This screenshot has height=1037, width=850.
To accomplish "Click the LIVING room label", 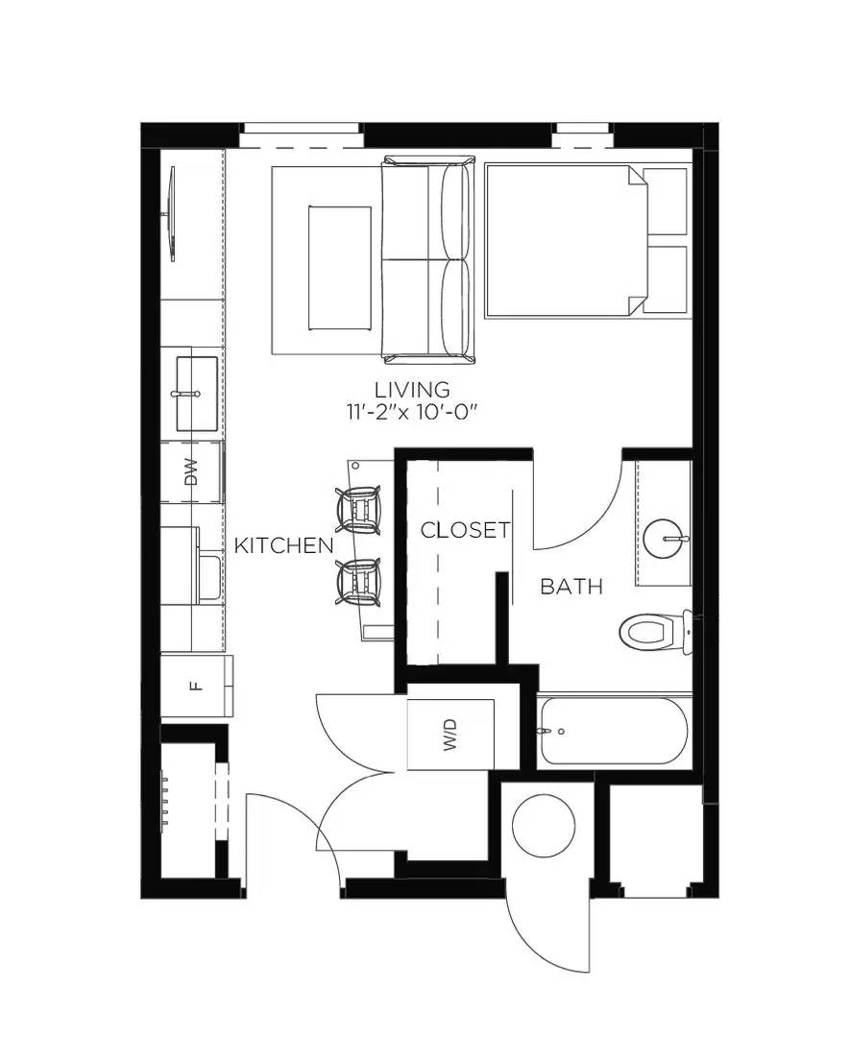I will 412,390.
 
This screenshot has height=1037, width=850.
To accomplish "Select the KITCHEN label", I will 283,545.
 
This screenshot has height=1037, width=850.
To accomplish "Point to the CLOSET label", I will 465,530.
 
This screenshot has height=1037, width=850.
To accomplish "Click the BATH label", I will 571,586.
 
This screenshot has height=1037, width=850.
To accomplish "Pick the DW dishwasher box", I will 192,472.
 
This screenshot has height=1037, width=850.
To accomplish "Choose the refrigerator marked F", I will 197,686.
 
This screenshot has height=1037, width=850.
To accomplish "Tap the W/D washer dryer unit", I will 450,735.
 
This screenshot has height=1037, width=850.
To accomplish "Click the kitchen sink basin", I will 197,393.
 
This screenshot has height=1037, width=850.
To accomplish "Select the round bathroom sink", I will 663,539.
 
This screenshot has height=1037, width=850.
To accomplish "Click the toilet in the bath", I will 653,632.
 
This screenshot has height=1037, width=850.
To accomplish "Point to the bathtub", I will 613,731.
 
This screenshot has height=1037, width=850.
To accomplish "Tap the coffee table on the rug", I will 339,268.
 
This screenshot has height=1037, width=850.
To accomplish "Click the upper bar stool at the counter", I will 360,510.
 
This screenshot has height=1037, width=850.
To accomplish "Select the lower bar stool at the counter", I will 360,582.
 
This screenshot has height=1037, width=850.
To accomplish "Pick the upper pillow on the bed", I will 665,201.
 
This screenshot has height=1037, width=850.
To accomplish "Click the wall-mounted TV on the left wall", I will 172,214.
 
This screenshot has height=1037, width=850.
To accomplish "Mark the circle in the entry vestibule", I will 543,827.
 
